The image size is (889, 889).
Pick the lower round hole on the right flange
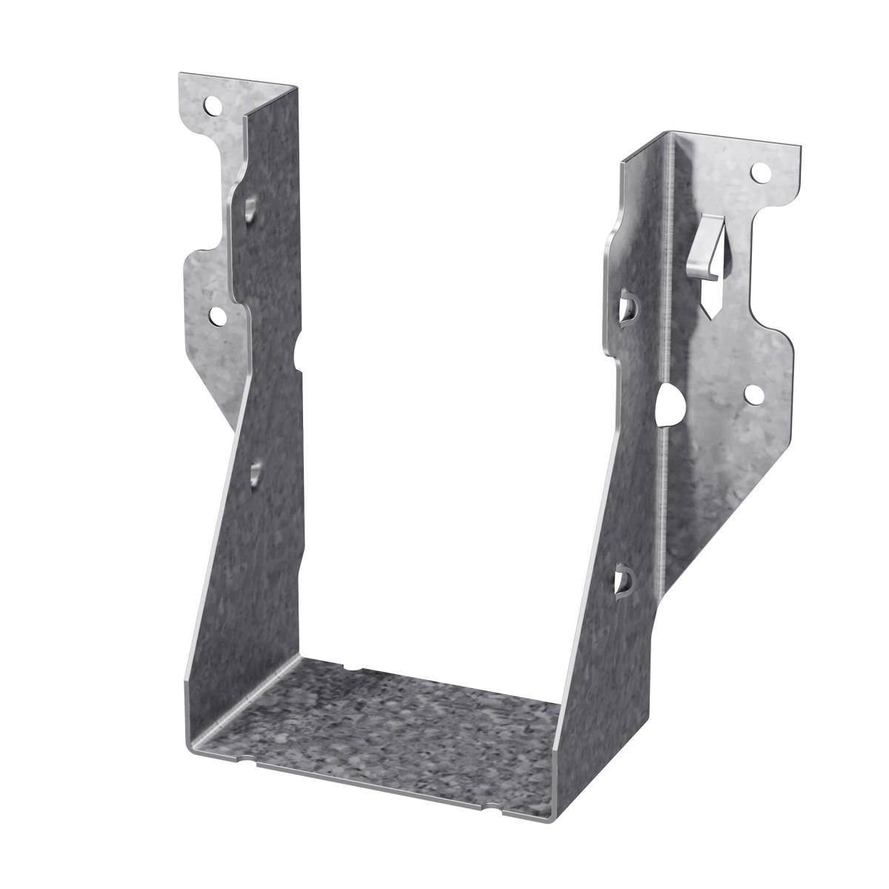(x=753, y=395)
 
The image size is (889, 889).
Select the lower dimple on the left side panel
(x=256, y=473)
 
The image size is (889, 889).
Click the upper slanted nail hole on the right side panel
(x=625, y=309)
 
